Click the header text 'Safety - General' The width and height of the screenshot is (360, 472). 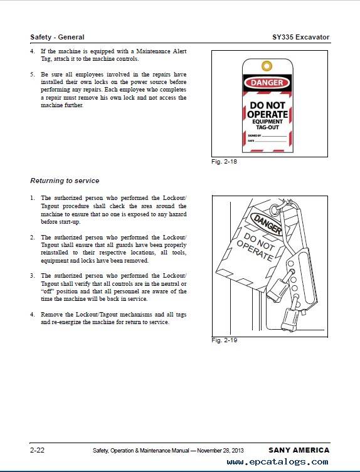click(x=57, y=37)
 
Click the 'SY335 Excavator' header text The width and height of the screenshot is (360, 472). click(x=300, y=37)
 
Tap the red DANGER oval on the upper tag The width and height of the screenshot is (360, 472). click(x=267, y=83)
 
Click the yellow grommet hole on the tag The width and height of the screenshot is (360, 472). click(x=267, y=66)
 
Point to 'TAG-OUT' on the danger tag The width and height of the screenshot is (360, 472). click(x=267, y=127)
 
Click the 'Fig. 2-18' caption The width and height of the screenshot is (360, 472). click(x=224, y=162)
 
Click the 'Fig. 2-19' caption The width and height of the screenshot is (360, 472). click(x=224, y=340)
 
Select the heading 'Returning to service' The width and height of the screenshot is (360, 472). click(x=65, y=181)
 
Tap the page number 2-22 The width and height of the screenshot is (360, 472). click(x=37, y=450)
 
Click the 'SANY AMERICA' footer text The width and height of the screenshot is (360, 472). click(x=299, y=450)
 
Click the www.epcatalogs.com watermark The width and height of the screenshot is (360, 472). click(x=277, y=462)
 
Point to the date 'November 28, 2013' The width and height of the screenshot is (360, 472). click(x=220, y=451)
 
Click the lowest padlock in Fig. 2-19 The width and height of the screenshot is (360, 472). click(x=290, y=319)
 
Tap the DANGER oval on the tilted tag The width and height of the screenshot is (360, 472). click(x=267, y=224)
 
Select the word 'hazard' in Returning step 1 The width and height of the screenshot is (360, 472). click(x=177, y=214)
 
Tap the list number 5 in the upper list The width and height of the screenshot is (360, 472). click(x=32, y=75)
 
